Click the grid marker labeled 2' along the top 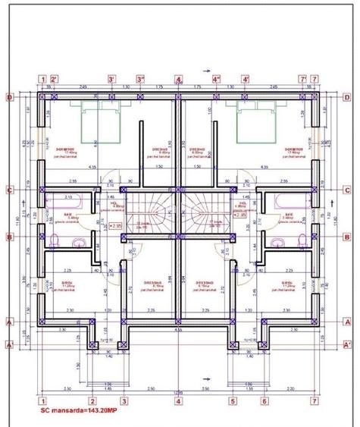point(55,78)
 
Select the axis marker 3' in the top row point(111,78)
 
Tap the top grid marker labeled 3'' point(141,78)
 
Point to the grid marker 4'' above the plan point(216,78)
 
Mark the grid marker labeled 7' point(302,78)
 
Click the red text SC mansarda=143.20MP point(78,410)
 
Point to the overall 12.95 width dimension point(178,392)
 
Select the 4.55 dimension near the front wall point(178,331)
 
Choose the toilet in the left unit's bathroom point(56,241)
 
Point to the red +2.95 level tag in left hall point(116,225)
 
